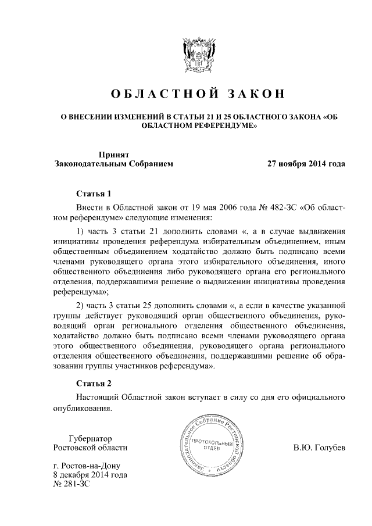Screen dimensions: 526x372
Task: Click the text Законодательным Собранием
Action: pyautogui.click(x=113, y=164)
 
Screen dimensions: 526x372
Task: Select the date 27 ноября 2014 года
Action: pyautogui.click(x=306, y=164)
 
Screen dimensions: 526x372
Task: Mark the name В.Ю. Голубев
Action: pyautogui.click(x=319, y=448)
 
